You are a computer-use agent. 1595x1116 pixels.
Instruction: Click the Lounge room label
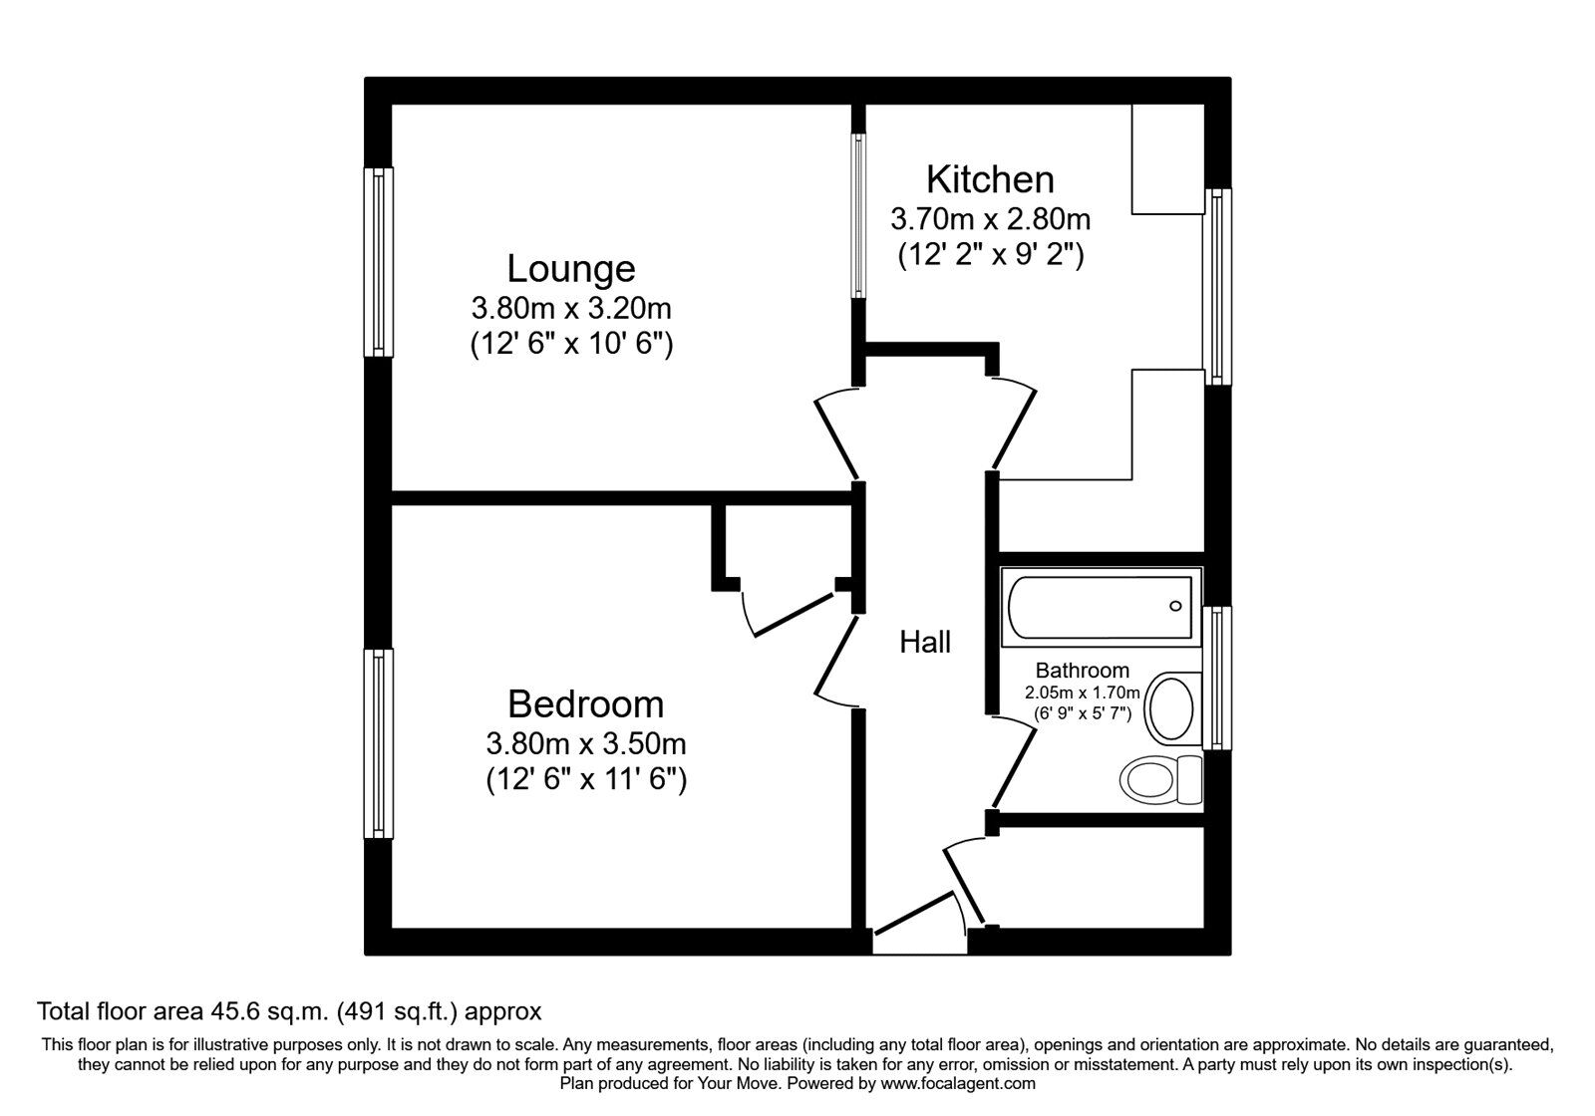570,269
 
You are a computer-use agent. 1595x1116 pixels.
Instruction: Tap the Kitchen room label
990,179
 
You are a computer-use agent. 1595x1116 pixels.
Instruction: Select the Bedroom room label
585,704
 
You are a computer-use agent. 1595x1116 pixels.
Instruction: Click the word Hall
925,643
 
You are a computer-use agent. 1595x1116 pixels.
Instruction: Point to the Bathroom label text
1082,671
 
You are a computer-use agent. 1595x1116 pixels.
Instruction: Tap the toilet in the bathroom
1161,777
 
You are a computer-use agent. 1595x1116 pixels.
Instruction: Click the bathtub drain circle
1175,606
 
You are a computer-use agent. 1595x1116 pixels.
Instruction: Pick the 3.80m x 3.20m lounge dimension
570,308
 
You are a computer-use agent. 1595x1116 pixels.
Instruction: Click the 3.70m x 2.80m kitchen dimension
990,218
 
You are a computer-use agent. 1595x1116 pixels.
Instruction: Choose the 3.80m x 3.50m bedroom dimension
585,743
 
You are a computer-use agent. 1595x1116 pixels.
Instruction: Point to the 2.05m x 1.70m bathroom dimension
1082,693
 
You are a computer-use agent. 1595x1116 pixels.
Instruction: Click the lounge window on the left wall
378,262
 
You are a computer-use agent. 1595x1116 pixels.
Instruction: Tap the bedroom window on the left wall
378,743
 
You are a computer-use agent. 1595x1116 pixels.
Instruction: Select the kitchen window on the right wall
1218,286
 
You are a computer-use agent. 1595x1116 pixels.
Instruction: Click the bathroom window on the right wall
1217,678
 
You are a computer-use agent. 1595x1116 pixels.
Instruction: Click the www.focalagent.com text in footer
958,1083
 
